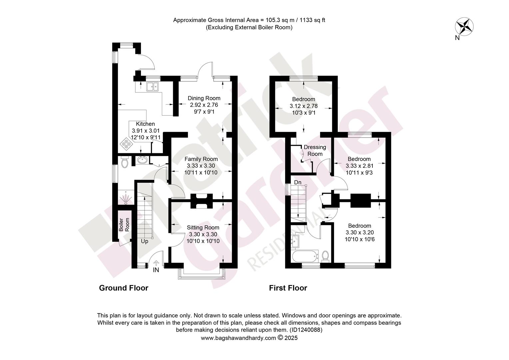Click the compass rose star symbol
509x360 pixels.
[464, 27]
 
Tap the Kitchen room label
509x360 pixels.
[145, 124]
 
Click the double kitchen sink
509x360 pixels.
[153, 87]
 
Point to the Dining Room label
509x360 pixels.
[204, 98]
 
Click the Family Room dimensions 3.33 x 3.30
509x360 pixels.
[201, 166]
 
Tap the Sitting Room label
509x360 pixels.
[203, 228]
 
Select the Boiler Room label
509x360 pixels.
[124, 225]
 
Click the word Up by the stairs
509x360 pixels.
[145, 241]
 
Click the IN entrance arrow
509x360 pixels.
[156, 263]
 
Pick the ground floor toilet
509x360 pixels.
[125, 162]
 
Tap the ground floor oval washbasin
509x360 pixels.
[143, 160]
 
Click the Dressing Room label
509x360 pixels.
[315, 151]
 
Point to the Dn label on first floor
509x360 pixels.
[298, 182]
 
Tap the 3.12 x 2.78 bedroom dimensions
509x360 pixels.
[303, 106]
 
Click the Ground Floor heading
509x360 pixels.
[124, 288]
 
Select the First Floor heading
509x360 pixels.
[288, 288]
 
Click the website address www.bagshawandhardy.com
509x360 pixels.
[239, 338]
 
